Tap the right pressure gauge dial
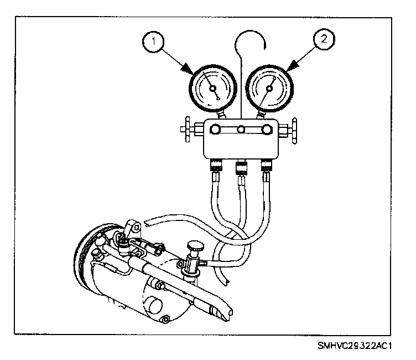tap(267, 88)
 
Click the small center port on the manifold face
tap(240, 131)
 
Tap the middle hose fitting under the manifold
tap(241, 166)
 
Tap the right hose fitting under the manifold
tap(267, 166)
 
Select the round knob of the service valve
tap(195, 245)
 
